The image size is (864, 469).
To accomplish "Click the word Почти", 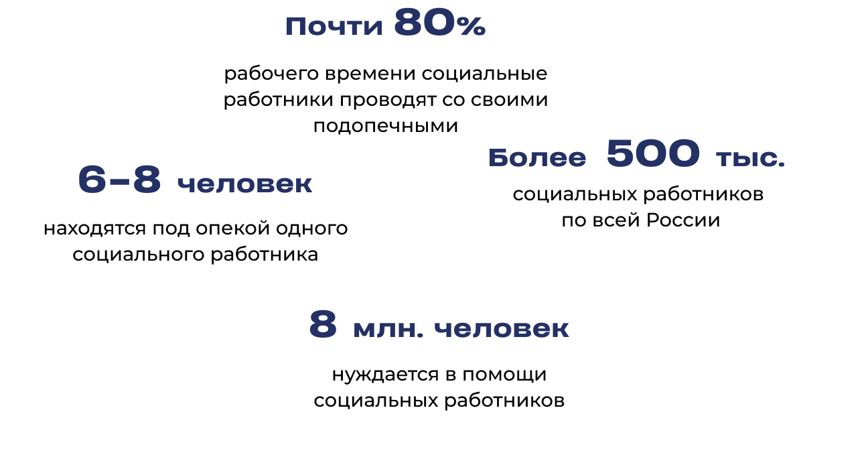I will coord(334,27).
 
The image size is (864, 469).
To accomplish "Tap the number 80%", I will coord(439,23).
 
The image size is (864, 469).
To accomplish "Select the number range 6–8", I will coord(120,179).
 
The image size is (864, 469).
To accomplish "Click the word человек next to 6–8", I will coord(245,185).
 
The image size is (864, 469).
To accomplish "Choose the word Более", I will coord(537,159).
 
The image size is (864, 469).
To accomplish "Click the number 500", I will coord(653,154).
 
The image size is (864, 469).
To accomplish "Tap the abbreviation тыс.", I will coord(749,159).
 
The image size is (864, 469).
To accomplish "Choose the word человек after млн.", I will coord(502,330).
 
